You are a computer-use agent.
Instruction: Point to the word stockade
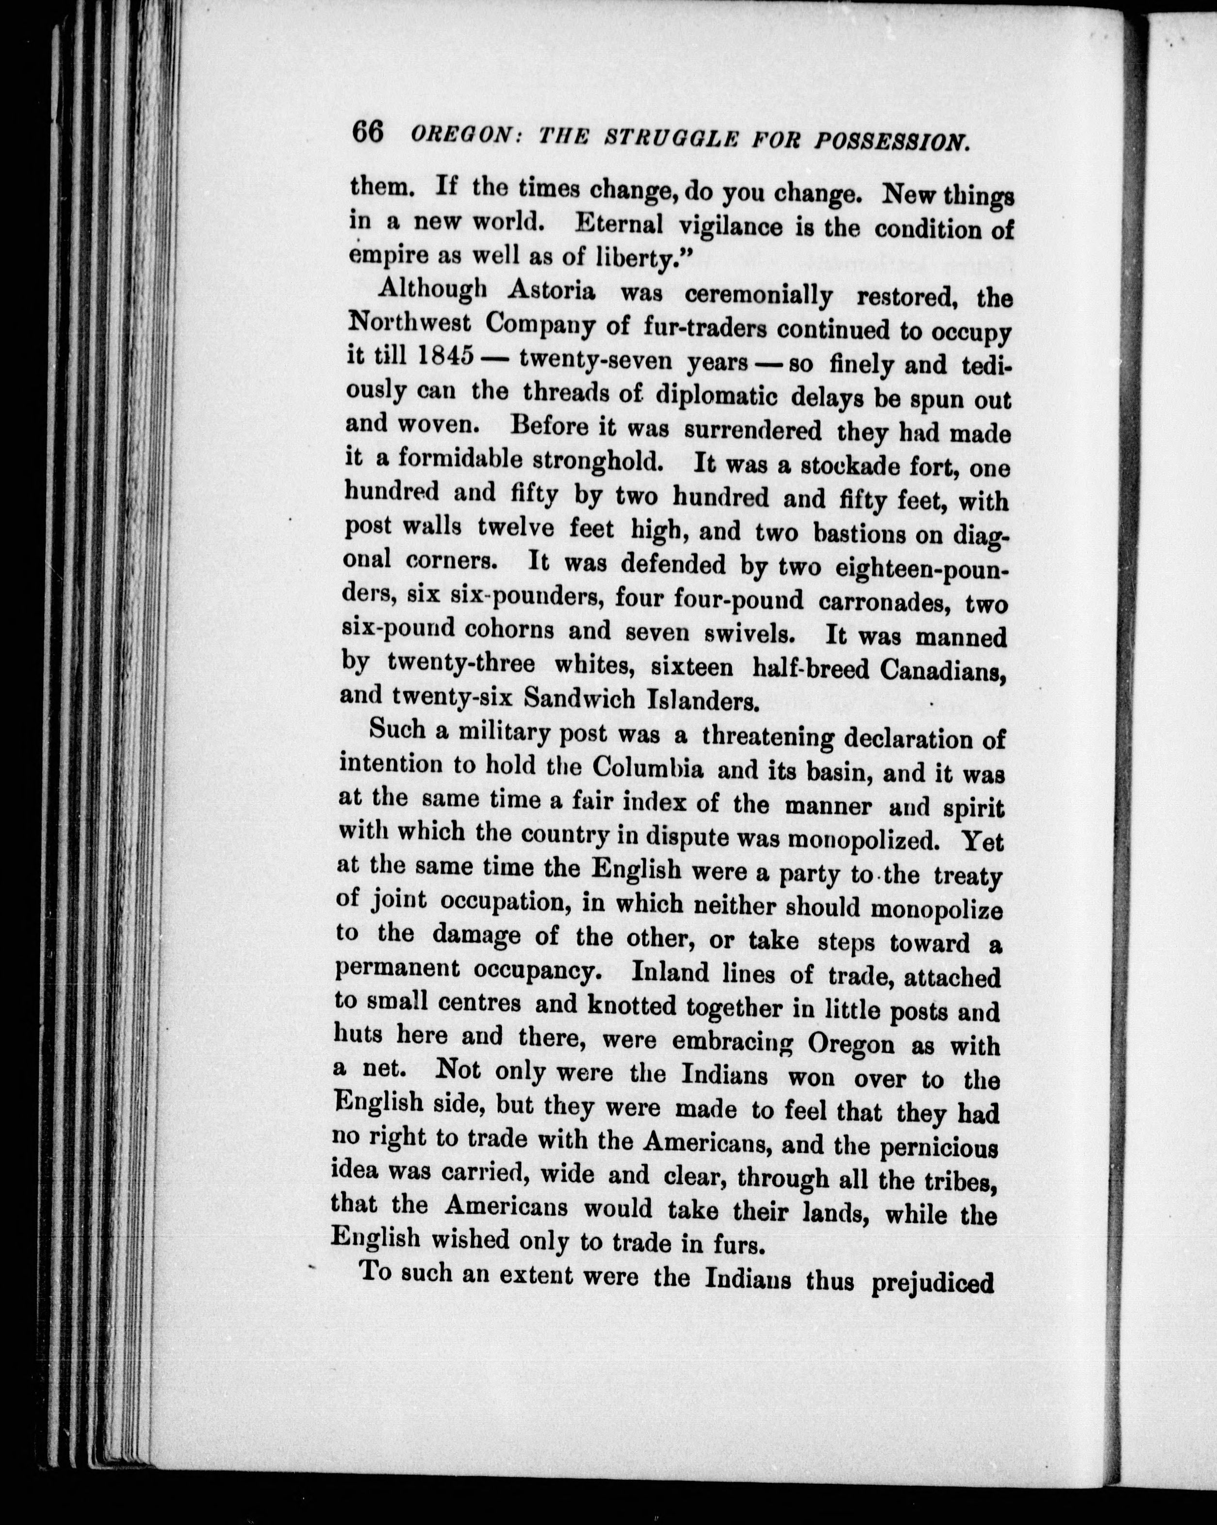click(x=853, y=467)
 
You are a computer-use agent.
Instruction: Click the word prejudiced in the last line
click(x=933, y=1281)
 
